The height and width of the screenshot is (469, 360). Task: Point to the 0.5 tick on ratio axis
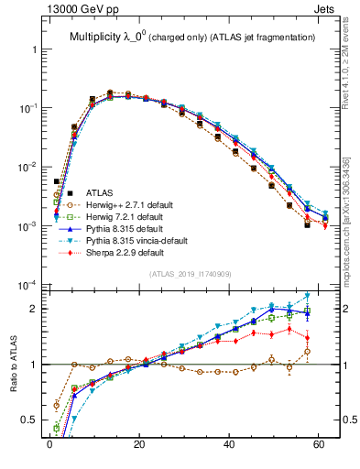click(x=32, y=420)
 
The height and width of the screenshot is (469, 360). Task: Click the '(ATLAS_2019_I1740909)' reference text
click(x=189, y=274)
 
